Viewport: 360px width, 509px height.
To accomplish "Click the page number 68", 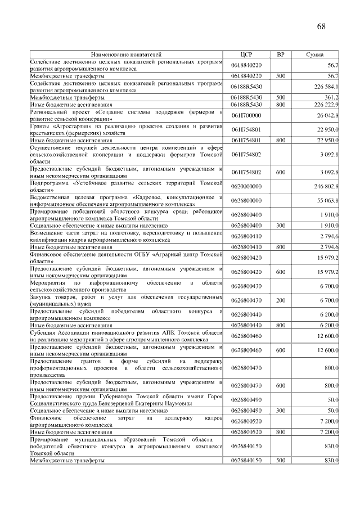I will pyautogui.click(x=321, y=26).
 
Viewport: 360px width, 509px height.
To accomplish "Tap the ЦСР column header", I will pyautogui.click(x=246, y=55).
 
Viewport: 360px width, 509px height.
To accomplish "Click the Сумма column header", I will pyautogui.click(x=314, y=55).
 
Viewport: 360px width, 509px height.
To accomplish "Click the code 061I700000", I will pyautogui.click(x=246, y=115).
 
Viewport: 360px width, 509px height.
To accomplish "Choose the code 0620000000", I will pyautogui.click(x=246, y=186).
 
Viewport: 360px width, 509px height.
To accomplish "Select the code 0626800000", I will pyautogui.click(x=246, y=200).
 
